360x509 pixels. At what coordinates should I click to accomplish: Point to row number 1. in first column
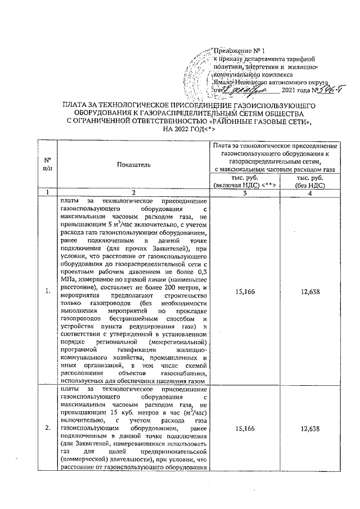coord(48,290)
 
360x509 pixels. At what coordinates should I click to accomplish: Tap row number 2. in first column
coord(48,429)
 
